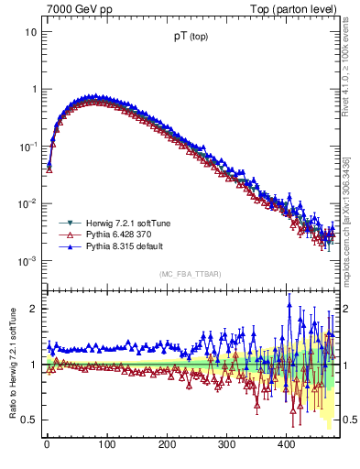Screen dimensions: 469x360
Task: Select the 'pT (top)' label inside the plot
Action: (190, 40)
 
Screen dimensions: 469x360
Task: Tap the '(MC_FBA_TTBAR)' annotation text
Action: (191, 274)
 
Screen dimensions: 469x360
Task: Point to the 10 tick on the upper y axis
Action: (30, 32)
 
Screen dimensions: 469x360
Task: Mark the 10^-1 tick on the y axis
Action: (28, 147)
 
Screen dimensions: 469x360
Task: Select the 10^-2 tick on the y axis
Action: (28, 203)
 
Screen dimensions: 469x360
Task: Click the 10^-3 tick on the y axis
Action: (28, 261)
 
